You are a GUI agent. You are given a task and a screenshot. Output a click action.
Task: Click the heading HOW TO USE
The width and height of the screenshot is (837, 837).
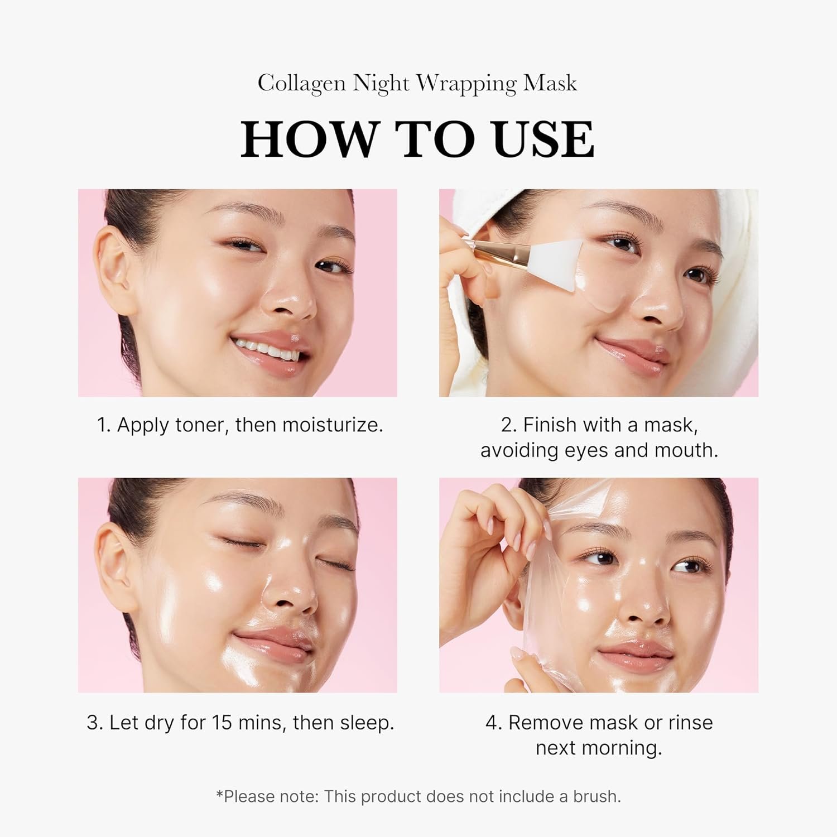[417, 138]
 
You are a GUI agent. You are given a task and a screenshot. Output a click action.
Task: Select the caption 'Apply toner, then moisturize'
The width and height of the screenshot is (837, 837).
[240, 425]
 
